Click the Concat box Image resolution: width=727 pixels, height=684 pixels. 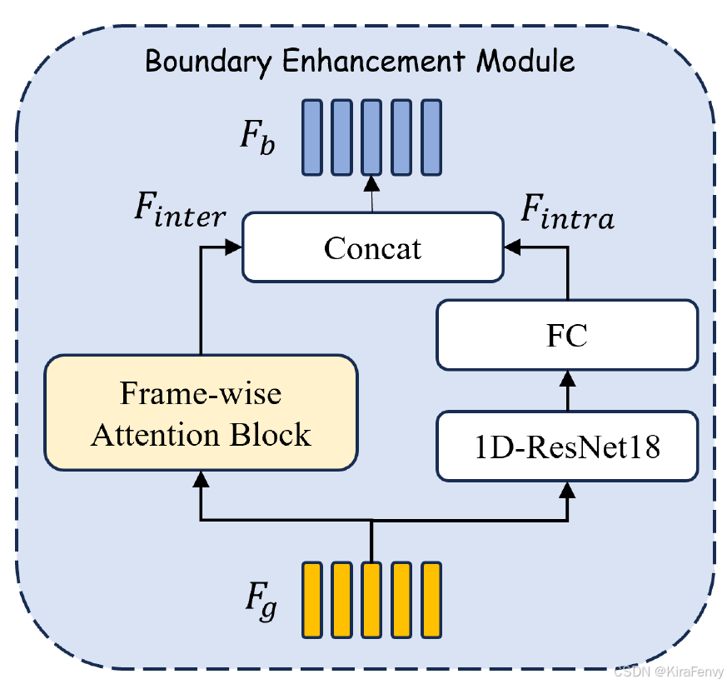click(372, 247)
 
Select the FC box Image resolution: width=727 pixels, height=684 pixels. click(567, 335)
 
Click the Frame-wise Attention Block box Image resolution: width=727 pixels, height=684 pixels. click(201, 412)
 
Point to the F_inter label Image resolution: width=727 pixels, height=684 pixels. click(180, 212)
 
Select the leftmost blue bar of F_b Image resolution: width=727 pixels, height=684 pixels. click(311, 137)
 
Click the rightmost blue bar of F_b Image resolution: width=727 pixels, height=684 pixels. click(430, 137)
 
